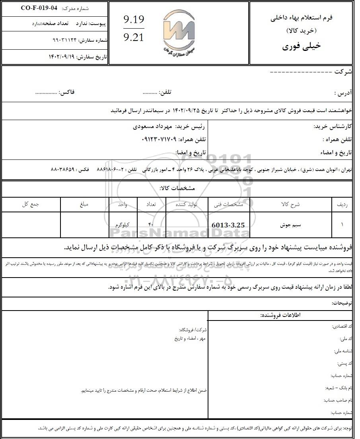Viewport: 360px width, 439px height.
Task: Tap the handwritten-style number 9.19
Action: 134,19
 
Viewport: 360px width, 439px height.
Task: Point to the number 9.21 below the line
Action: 134,38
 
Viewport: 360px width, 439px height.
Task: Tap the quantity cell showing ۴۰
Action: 151,225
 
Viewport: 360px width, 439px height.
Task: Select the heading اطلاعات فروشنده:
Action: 280,315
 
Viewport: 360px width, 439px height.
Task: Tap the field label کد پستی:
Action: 344,363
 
